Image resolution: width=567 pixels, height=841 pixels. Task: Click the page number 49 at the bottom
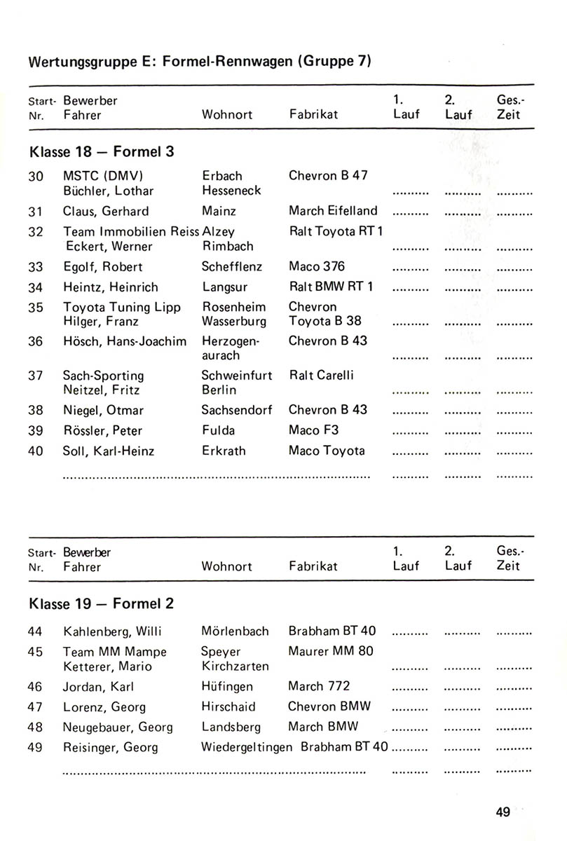point(502,812)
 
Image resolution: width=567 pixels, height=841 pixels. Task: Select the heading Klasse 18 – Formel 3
point(102,151)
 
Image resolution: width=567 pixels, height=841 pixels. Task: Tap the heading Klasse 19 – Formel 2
point(102,603)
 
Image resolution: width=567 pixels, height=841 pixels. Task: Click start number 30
point(36,177)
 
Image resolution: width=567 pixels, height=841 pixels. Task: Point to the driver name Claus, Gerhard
point(106,211)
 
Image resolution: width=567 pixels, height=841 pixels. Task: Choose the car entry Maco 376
point(317,267)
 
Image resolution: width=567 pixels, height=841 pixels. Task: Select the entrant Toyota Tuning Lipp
point(122,307)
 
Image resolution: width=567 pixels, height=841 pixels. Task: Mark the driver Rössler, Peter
point(102,430)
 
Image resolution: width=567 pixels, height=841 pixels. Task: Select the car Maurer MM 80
point(331,651)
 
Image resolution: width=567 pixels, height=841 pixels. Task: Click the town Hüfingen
point(227,687)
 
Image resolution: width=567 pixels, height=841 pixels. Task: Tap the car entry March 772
point(319,686)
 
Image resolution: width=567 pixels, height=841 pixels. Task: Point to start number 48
point(36,727)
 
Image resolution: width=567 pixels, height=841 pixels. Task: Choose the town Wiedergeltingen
point(247,747)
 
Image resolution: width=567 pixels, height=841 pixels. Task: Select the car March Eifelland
point(333,211)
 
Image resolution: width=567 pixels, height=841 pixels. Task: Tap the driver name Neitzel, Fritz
point(101,390)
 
